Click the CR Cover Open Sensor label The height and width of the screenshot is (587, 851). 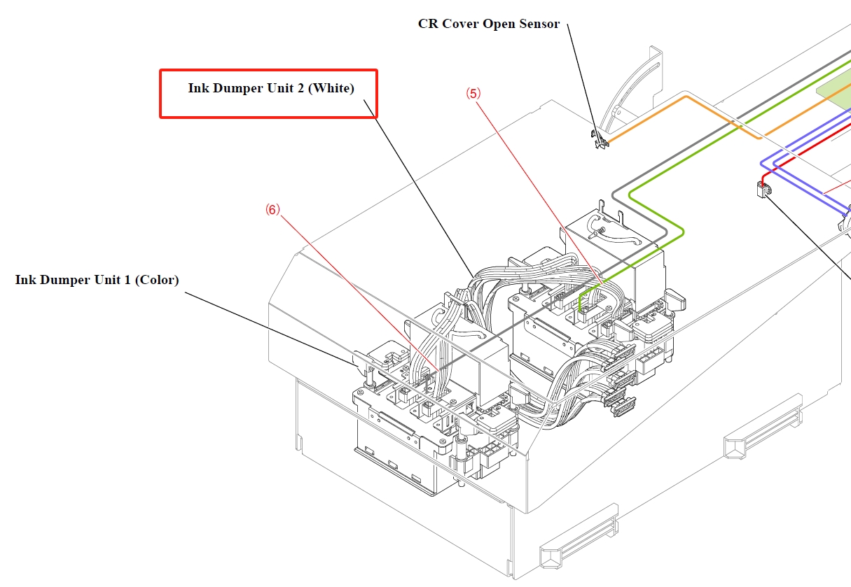point(488,24)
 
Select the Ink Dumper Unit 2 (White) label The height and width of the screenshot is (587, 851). point(271,88)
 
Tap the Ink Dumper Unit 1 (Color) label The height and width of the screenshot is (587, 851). point(97,280)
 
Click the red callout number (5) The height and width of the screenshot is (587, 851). point(474,92)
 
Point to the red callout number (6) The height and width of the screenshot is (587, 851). point(272,209)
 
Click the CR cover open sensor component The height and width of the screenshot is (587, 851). point(599,142)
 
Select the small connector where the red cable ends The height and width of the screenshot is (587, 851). point(763,188)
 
